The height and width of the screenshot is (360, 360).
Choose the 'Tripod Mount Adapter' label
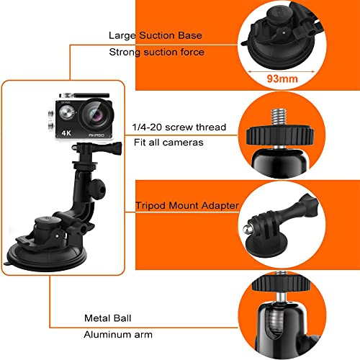coord(186,206)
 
